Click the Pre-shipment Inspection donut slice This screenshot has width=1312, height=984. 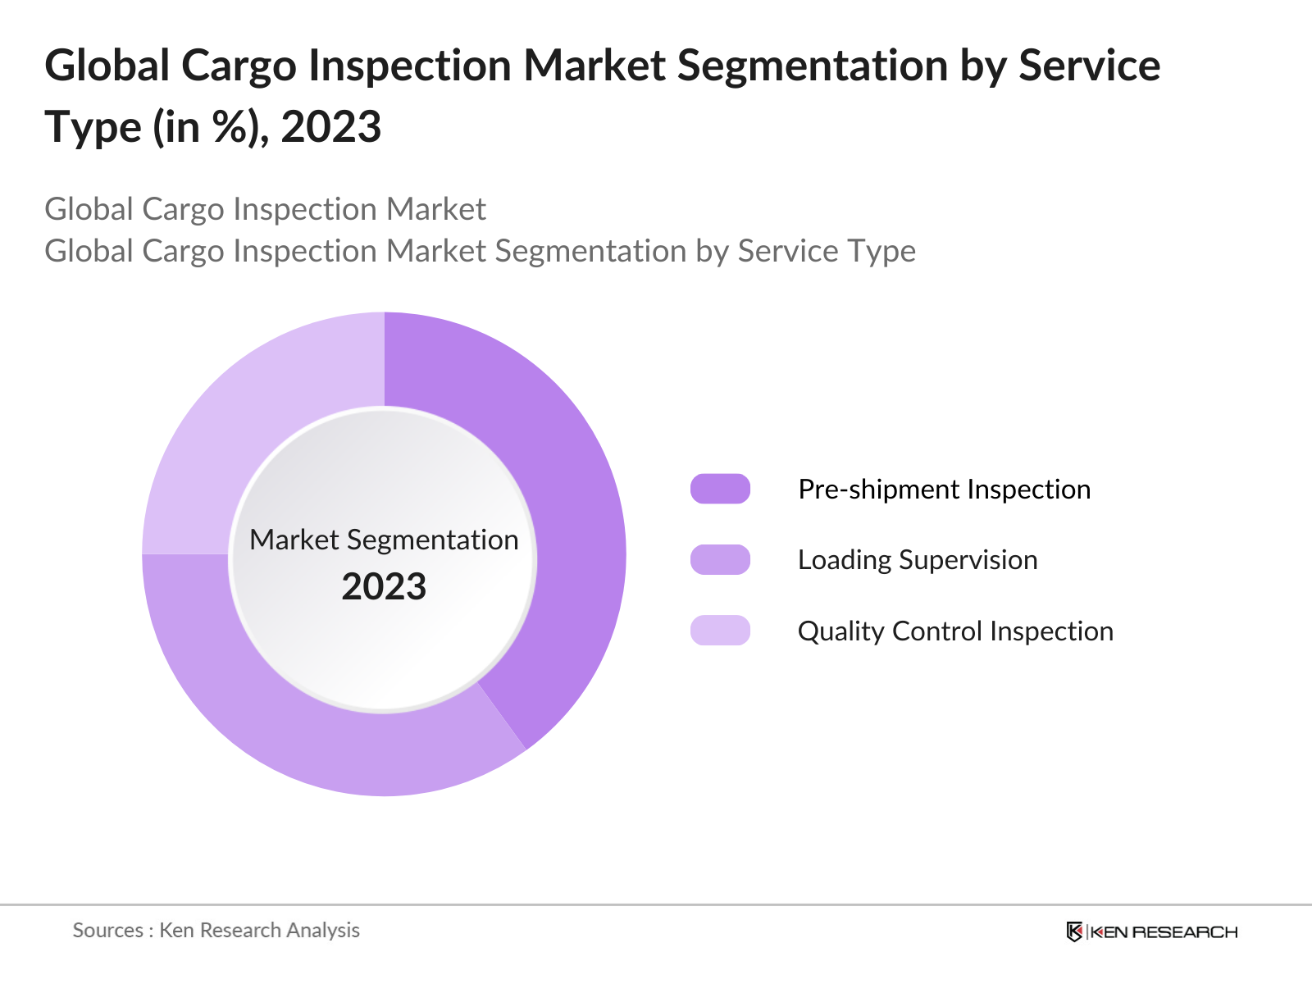coord(566,508)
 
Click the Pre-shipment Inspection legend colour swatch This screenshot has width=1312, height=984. coord(720,489)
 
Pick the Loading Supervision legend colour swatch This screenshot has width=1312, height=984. coord(720,559)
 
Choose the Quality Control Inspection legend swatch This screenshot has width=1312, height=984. coord(720,631)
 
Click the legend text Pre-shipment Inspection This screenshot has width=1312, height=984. coord(944,490)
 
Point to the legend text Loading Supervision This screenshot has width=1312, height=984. coord(918,560)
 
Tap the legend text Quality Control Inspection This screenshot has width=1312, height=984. coord(955,631)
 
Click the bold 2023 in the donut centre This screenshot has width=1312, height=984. coord(384,587)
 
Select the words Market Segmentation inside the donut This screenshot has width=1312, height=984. coord(384,540)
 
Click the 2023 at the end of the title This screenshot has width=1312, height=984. coord(331,127)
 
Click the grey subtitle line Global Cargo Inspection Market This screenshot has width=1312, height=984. coord(265,209)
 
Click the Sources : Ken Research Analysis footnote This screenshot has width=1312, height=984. coord(216,930)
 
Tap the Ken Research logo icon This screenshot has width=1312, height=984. coord(1074,932)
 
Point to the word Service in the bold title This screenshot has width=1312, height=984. coord(1089,66)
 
